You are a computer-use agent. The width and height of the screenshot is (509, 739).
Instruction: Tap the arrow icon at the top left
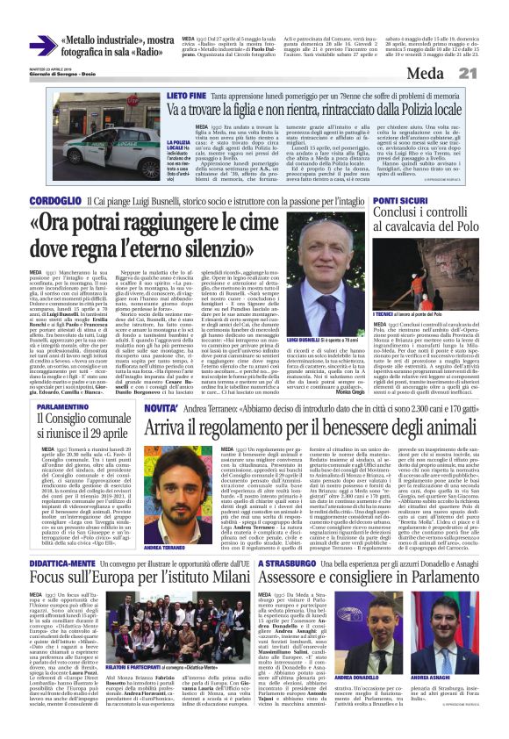point(41,46)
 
